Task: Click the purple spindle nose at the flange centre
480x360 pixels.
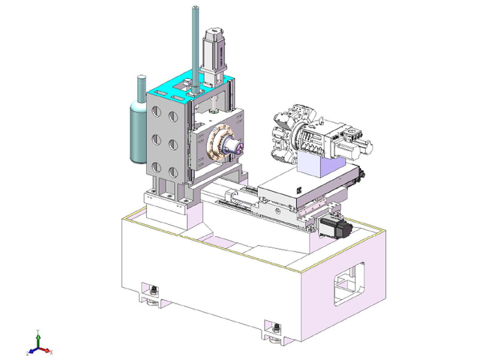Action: [x=232, y=146]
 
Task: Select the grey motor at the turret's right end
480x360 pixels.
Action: [x=351, y=140]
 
